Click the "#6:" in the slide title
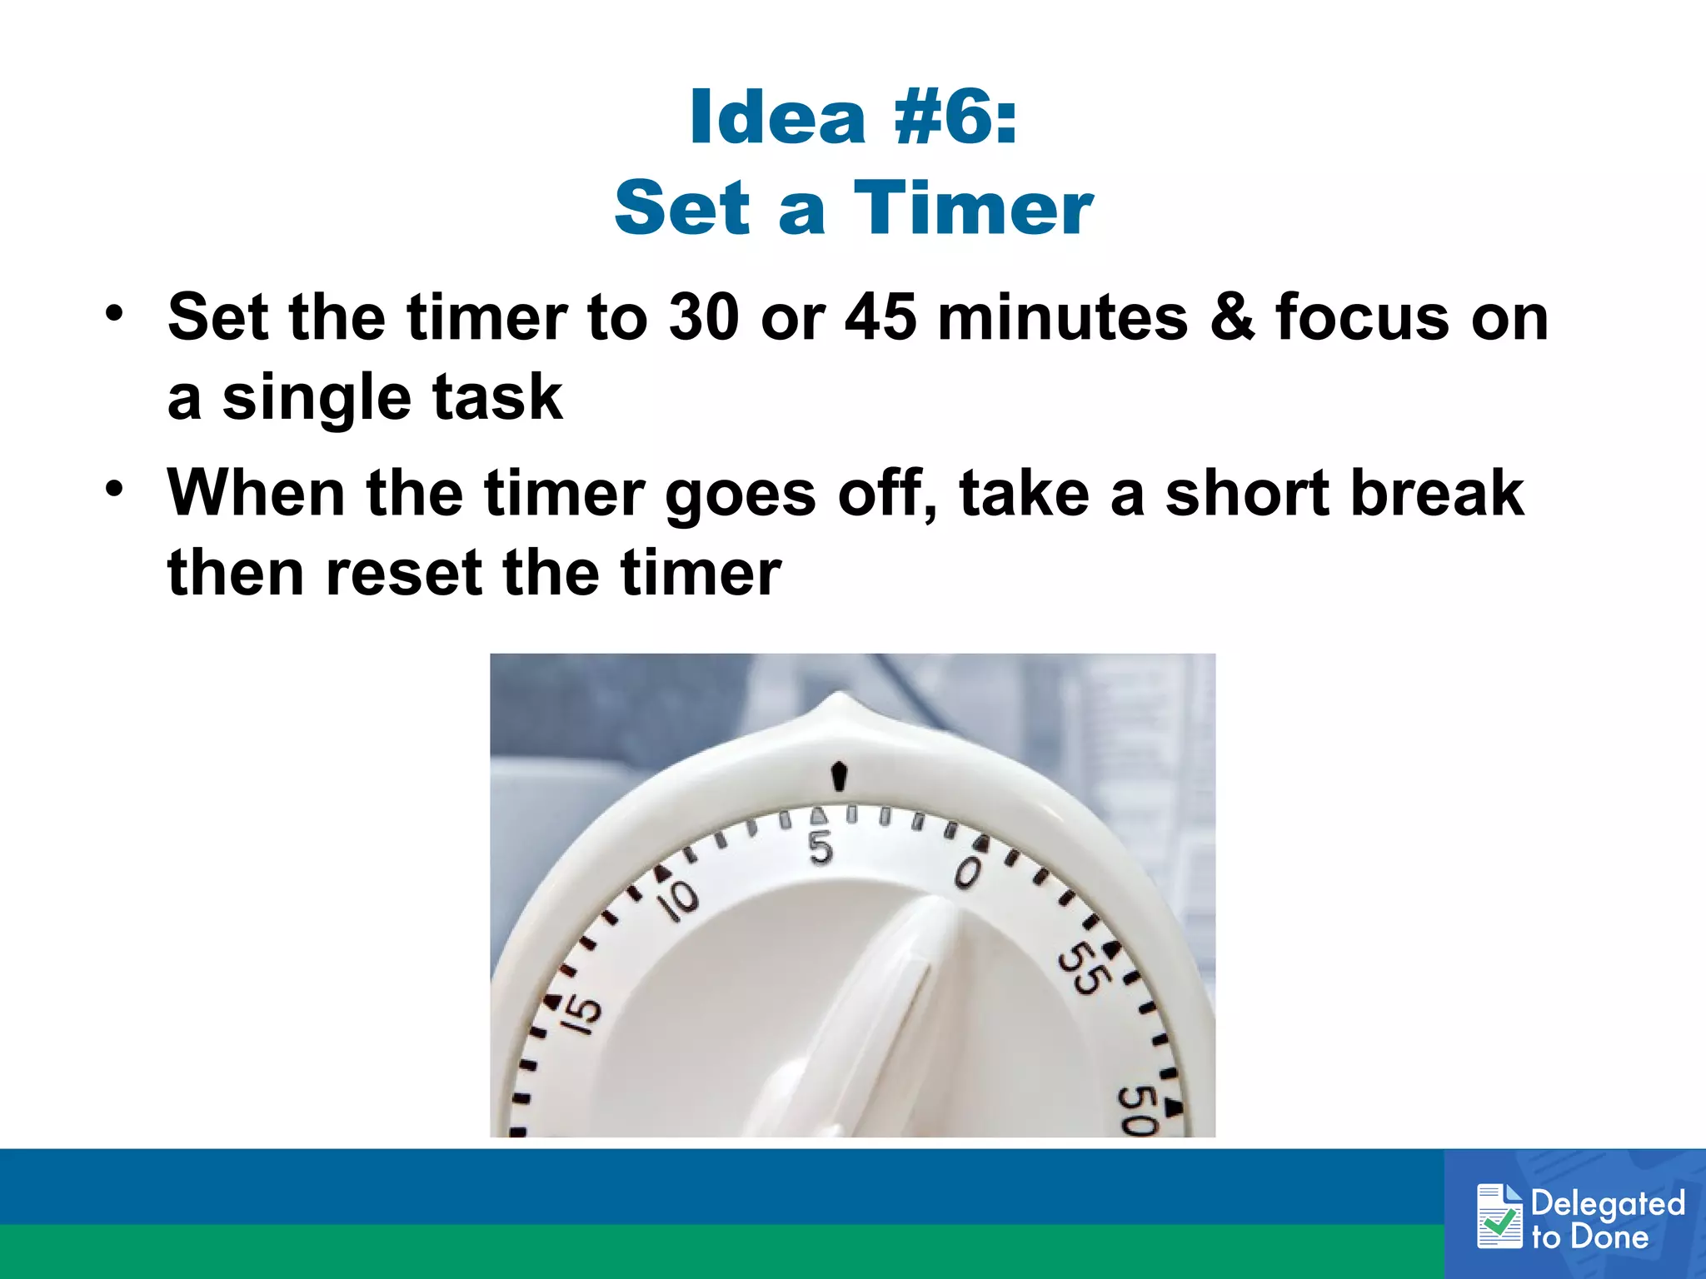click(x=955, y=117)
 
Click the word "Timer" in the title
click(x=973, y=208)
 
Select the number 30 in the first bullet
click(x=703, y=317)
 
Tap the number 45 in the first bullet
click(x=880, y=317)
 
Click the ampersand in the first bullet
click(x=1231, y=317)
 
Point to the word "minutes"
click(x=1062, y=317)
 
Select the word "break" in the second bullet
click(x=1437, y=493)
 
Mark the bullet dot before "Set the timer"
click(x=114, y=314)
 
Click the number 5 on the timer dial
click(x=821, y=849)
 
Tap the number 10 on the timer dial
click(x=679, y=899)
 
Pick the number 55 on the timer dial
click(x=1083, y=968)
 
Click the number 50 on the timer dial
click(x=1136, y=1111)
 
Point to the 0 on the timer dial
click(x=968, y=873)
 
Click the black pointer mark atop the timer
click(x=840, y=776)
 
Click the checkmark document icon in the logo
click(x=1499, y=1217)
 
